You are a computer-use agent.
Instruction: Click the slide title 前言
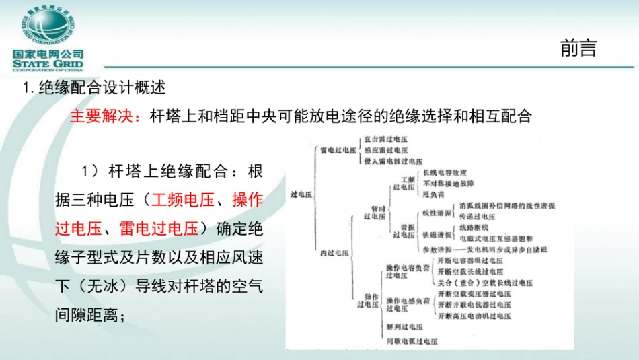pos(578,48)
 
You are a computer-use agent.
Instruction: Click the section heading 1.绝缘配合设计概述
pos(94,87)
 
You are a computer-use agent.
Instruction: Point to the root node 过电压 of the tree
pos(301,194)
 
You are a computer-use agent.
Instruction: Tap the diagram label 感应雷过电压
pos(385,151)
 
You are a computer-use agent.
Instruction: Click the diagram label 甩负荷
pos(431,194)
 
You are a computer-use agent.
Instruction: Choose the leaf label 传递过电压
pos(476,217)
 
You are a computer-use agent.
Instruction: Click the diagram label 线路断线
pos(472,228)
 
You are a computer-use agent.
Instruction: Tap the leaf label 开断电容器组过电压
pos(469,260)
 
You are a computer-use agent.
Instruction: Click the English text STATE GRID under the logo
pos(48,65)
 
